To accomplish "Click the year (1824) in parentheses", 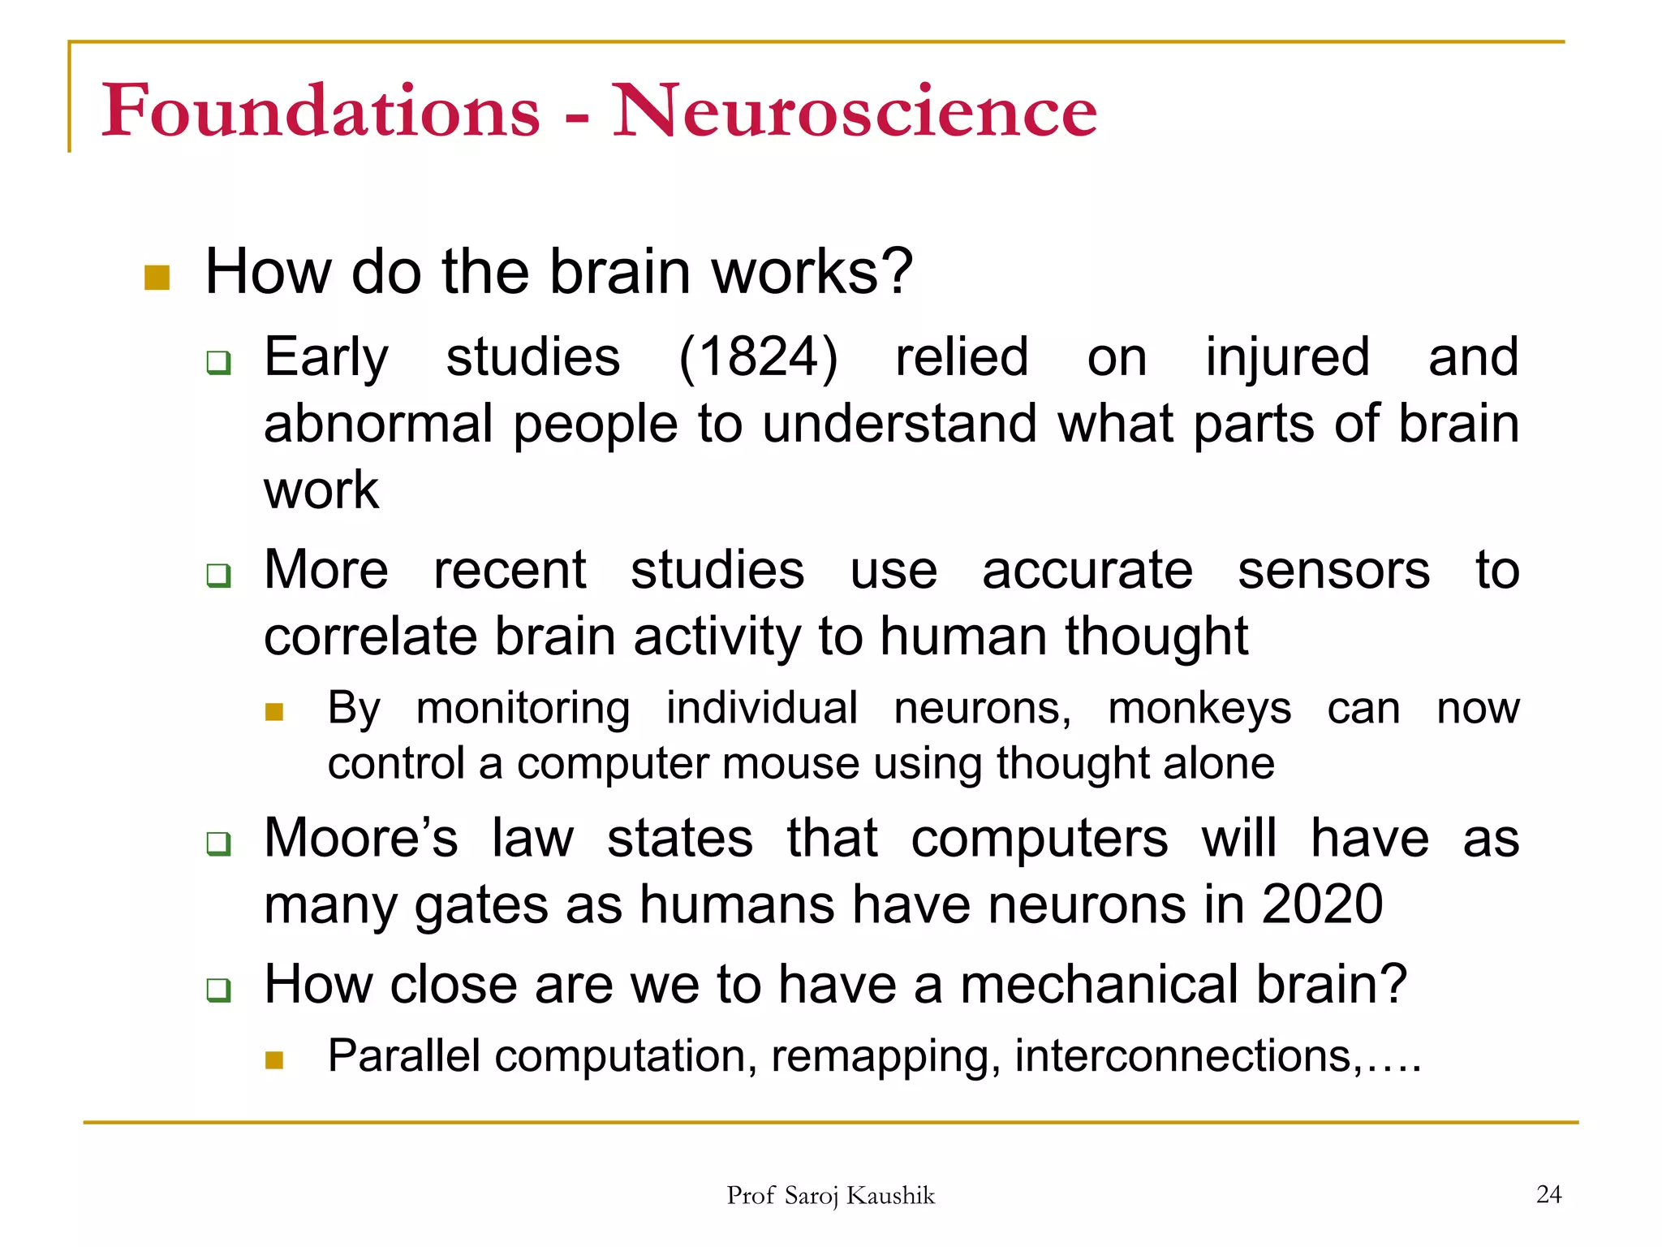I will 758,357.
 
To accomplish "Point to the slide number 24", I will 1548,1194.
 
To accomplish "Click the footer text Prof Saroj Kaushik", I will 830,1196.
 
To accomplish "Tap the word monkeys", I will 1199,708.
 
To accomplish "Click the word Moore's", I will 361,838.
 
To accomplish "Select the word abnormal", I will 379,424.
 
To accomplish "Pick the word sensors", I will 1333,570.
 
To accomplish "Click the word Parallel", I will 403,1056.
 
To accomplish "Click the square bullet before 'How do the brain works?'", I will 157,278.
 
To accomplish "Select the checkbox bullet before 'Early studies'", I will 218,362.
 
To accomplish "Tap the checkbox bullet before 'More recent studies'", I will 218,576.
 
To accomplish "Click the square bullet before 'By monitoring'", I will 274,712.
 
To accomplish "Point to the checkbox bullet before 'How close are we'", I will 218,990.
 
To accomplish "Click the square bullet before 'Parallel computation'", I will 274,1060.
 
